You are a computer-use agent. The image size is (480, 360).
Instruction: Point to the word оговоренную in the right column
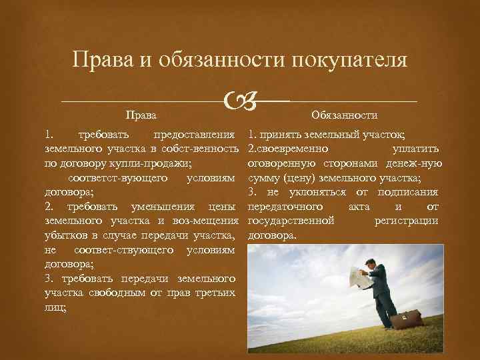273,162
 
